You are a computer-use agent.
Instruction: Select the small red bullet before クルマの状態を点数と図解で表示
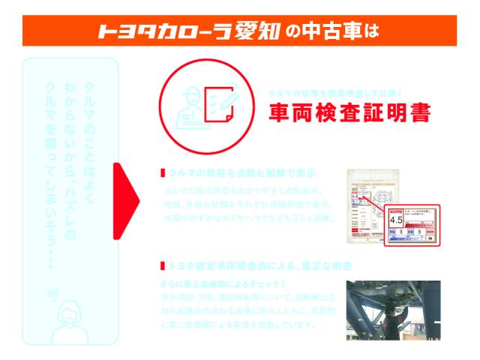pos(163,172)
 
